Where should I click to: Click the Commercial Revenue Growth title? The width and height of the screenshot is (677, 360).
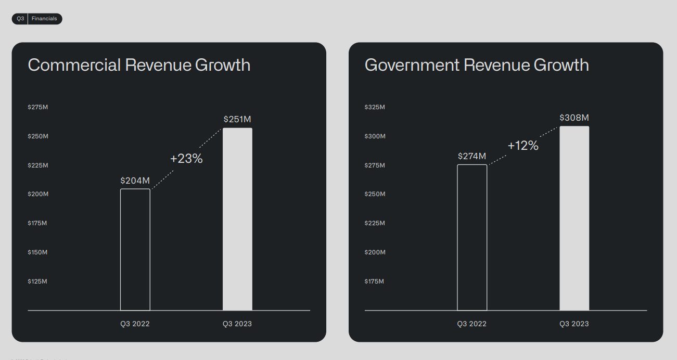pos(139,65)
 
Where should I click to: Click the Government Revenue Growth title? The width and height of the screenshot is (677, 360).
pos(477,65)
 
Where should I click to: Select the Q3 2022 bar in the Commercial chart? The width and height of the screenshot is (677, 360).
pos(135,250)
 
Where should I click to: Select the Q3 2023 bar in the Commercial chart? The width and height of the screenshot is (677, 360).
pos(237,219)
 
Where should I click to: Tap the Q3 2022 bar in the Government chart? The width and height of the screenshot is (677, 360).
pos(472,237)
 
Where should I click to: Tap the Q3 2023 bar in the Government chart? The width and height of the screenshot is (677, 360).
pos(574,218)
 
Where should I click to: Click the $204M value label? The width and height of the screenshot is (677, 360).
pos(135,181)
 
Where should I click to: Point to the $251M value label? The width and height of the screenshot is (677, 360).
pos(237,119)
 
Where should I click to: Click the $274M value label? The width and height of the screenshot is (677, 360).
pos(472,156)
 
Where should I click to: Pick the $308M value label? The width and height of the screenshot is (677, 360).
pos(574,118)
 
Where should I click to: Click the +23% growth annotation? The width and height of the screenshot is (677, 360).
pos(186,159)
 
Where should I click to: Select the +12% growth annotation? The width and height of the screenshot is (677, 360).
pos(523,146)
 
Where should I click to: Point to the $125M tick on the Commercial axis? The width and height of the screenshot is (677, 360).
pos(37,281)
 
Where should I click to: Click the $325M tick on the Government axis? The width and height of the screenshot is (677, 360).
pos(375,107)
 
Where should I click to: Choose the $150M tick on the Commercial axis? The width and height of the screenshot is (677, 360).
pos(37,252)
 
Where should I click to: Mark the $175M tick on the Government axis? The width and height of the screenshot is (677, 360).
pos(375,281)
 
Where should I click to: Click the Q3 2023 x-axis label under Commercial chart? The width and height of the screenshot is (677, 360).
pos(237,324)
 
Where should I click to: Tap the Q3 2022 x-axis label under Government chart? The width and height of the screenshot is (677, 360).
pos(472,324)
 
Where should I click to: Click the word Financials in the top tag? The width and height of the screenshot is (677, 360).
pos(44,19)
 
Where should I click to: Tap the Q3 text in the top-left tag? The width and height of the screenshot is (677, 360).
pos(20,19)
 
